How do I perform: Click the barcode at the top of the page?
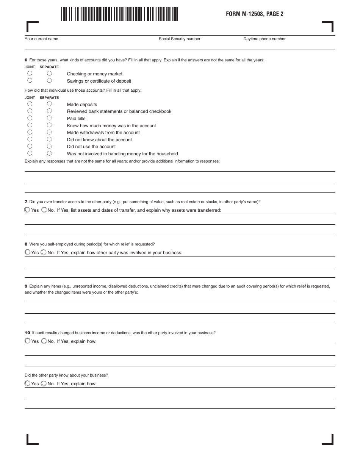pyautogui.click(x=119, y=14)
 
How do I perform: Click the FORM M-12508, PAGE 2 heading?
pyautogui.click(x=255, y=14)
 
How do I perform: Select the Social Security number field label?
pyautogui.click(x=179, y=39)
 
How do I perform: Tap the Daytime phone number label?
pyautogui.click(x=264, y=39)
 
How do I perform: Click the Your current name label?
pyautogui.click(x=41, y=39)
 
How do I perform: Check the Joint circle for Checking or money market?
pyautogui.click(x=30, y=73)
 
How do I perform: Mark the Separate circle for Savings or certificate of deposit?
pyautogui.click(x=49, y=80)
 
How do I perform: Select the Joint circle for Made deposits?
pyautogui.click(x=30, y=104)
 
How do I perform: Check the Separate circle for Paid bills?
pyautogui.click(x=49, y=118)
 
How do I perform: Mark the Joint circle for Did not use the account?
pyautogui.click(x=30, y=146)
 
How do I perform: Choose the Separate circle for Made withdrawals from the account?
pyautogui.click(x=49, y=132)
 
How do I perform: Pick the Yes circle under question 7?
pyautogui.click(x=27, y=210)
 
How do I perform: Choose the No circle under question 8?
pyautogui.click(x=44, y=252)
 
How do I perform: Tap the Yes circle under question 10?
pyautogui.click(x=27, y=341)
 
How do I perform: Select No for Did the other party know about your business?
pyautogui.click(x=44, y=383)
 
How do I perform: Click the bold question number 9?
pyautogui.click(x=26, y=286)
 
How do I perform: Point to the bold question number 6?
pyautogui.click(x=26, y=60)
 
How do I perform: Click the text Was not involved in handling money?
pyautogui.click(x=122, y=154)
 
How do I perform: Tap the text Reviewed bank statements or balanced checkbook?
pyautogui.click(x=119, y=111)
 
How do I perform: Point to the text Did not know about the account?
pyautogui.click(x=99, y=140)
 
